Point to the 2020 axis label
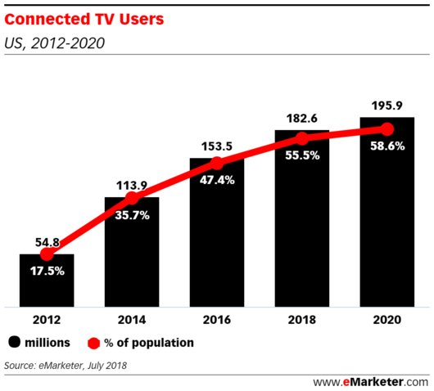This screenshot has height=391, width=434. click(387, 321)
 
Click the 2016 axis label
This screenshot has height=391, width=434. click(217, 321)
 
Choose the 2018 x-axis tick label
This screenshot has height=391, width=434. click(301, 321)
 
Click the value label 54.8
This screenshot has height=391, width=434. click(47, 243)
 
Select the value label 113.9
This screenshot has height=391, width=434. click(132, 186)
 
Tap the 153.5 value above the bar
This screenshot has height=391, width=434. click(217, 147)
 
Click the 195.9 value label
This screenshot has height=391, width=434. click(387, 106)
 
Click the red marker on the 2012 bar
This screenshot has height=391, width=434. click(47, 254)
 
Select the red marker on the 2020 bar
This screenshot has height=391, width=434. click(387, 129)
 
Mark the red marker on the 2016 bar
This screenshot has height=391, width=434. click(217, 161)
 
